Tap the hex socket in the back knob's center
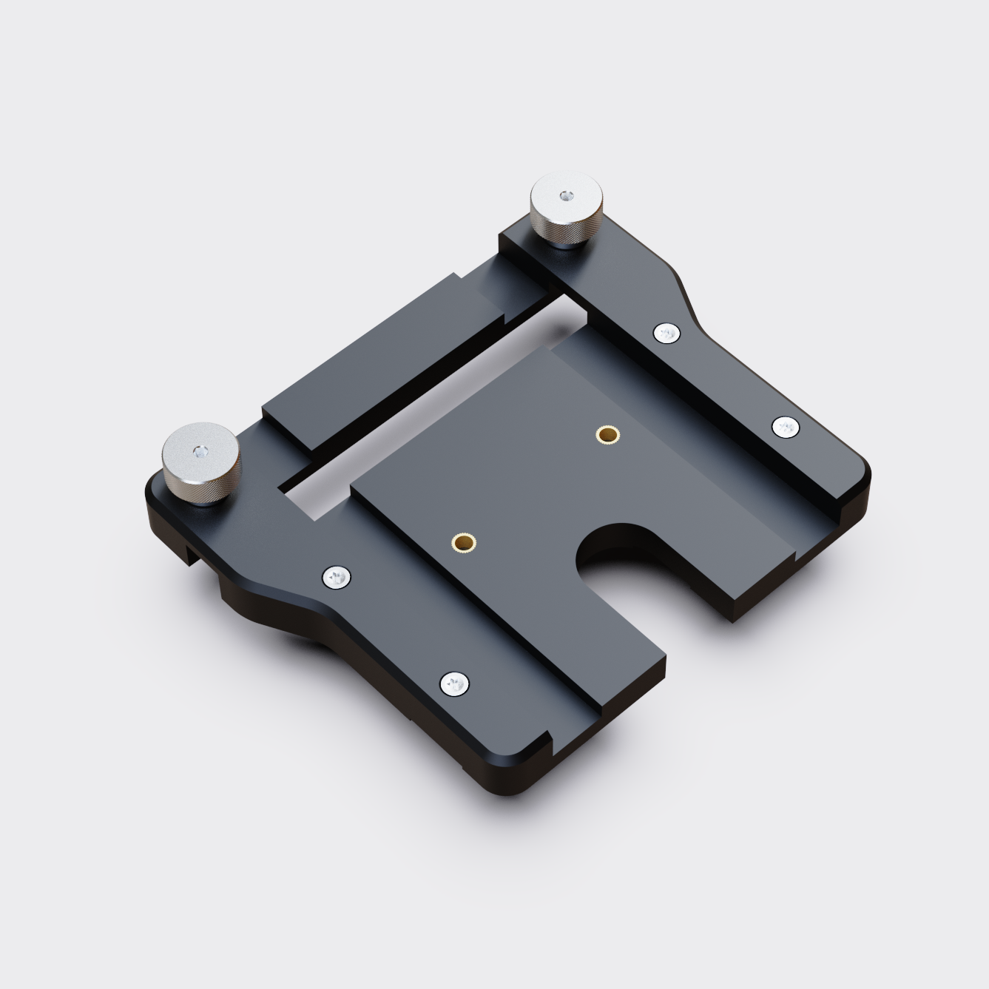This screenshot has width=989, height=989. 566,196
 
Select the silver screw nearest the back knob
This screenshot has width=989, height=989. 666,334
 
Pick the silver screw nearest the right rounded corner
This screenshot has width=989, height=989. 785,427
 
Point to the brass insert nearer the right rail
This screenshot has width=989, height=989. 607,434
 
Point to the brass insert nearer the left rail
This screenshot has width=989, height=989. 463,542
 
